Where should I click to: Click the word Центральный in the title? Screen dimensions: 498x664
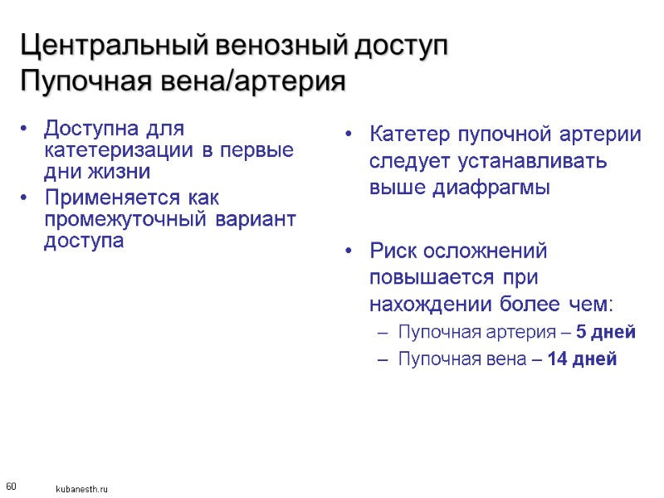(114, 46)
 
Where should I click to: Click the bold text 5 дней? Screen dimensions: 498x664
(606, 333)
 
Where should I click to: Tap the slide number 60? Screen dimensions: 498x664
(11, 485)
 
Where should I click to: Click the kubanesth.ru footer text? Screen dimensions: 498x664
(81, 490)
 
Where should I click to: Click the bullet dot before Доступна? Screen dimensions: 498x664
(27, 129)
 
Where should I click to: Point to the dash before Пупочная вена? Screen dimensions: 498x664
(383, 359)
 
